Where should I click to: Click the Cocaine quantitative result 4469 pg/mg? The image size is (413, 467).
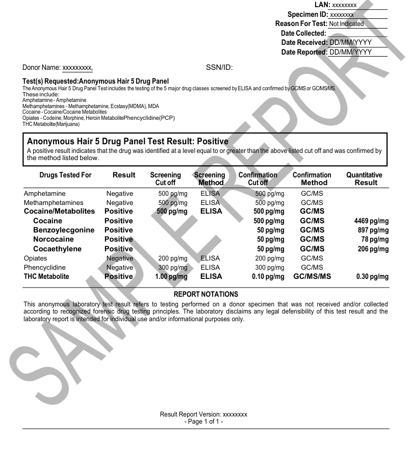click(x=371, y=221)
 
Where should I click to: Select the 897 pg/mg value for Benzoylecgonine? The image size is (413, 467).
click(x=373, y=230)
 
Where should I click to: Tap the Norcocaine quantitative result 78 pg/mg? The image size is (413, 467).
click(x=375, y=240)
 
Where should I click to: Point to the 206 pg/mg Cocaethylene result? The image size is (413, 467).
click(x=373, y=249)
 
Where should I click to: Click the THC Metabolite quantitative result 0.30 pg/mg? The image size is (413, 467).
click(x=372, y=277)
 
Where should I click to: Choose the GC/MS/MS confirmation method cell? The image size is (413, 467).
click(x=312, y=277)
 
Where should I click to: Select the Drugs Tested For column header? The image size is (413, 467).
click(x=65, y=175)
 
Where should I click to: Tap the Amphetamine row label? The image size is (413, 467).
click(x=45, y=194)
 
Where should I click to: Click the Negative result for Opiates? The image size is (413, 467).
click(x=119, y=258)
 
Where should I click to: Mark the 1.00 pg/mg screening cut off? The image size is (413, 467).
click(x=171, y=277)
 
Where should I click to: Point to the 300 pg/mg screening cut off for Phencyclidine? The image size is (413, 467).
click(x=173, y=268)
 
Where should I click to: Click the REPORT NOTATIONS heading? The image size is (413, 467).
click(x=205, y=295)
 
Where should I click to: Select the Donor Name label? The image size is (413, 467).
click(x=41, y=67)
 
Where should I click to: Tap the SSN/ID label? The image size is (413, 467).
click(x=219, y=67)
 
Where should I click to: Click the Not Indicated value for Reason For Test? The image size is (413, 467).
click(x=346, y=24)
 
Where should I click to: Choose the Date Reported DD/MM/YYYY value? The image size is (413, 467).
click(x=350, y=53)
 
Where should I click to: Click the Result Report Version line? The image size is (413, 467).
click(x=203, y=414)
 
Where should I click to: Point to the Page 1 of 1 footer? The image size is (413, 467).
click(x=203, y=422)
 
